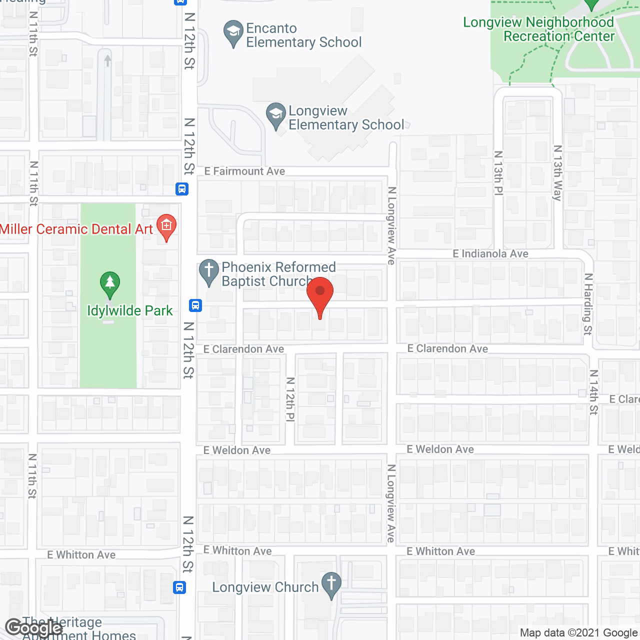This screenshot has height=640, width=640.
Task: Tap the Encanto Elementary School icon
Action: click(233, 33)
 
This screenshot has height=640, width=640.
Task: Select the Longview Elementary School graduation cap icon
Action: click(275, 115)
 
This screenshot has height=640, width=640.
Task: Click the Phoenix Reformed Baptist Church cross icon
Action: click(209, 271)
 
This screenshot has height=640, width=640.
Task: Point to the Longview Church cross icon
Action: click(331, 584)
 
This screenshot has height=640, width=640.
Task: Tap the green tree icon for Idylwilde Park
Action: click(110, 284)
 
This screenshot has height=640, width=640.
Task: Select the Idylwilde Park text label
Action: click(130, 311)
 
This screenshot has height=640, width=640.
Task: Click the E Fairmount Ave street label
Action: click(244, 171)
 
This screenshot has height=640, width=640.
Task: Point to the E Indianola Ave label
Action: click(490, 254)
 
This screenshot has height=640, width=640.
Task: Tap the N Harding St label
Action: click(588, 304)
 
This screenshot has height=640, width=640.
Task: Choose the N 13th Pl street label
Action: click(498, 172)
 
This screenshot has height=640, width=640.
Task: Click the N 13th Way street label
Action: click(557, 172)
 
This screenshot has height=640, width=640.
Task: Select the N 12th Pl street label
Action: click(290, 399)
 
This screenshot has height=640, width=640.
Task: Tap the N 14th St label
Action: click(593, 392)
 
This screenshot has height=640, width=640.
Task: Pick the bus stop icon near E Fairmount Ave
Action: click(182, 189)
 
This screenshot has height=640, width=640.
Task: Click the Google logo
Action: click(34, 628)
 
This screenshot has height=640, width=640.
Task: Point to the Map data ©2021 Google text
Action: click(578, 633)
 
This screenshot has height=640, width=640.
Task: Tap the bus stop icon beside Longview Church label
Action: click(180, 587)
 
